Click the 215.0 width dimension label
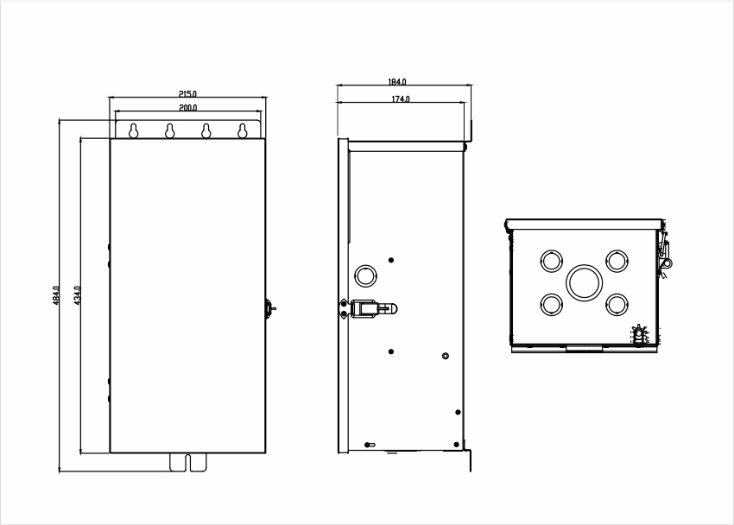point(187,94)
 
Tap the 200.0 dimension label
point(188,108)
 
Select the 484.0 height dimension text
point(56,295)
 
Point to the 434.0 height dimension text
point(78,295)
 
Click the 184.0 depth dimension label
point(397,82)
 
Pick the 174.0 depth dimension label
point(401,99)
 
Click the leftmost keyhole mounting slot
point(133,131)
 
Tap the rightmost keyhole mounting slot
point(242,131)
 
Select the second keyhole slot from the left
point(170,131)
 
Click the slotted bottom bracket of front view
point(187,462)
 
